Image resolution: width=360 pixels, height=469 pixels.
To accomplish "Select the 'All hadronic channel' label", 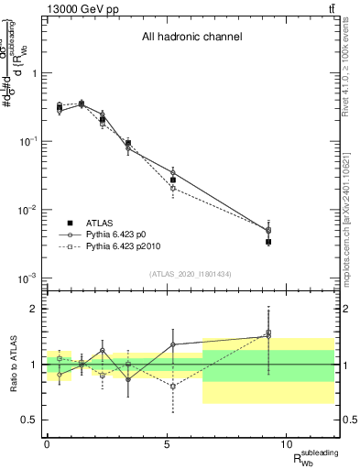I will point(191,38).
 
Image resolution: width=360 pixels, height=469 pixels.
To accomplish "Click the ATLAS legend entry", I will point(106,223).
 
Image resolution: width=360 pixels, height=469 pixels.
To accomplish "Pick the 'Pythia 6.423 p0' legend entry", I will point(121,234).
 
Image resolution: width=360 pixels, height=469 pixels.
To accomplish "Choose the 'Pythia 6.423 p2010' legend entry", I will point(127,247).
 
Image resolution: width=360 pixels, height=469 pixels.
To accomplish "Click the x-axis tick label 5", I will point(167,443).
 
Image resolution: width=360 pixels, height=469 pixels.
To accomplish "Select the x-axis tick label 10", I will point(286,443).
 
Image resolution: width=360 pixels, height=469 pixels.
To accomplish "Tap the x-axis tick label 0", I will point(47,443).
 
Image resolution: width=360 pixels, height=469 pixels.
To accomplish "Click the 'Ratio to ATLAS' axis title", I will point(11,364).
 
